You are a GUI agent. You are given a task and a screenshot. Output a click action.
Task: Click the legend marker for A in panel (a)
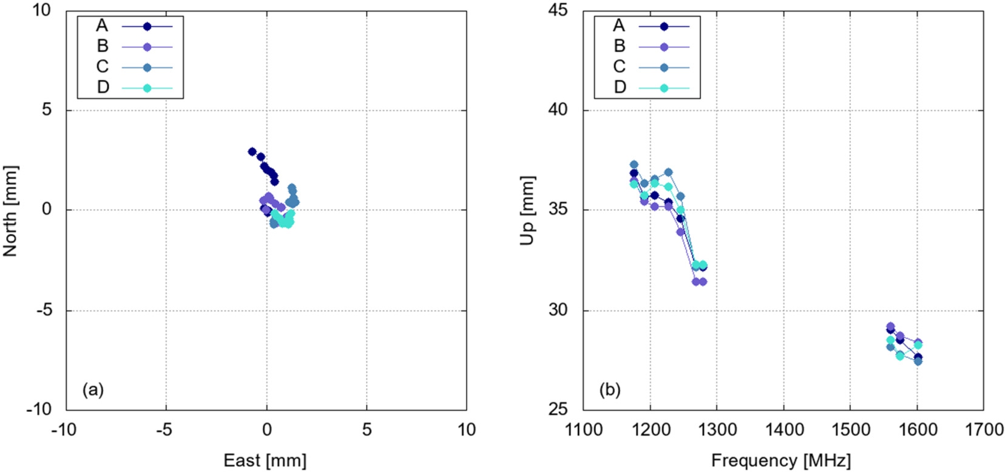tap(147, 26)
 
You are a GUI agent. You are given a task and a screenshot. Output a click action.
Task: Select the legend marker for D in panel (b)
tap(664, 88)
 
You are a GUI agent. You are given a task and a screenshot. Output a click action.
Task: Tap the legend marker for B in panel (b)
tap(664, 47)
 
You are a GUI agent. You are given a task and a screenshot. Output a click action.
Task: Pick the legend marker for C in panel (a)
tap(147, 67)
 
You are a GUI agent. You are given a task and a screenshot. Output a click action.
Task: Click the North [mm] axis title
tap(10, 210)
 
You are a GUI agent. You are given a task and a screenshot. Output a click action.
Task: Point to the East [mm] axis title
tap(265, 460)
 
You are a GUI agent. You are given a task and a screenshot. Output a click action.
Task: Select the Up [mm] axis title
tap(527, 210)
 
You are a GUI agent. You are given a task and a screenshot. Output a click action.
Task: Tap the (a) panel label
tap(93, 389)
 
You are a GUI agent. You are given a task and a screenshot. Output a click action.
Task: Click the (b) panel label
tap(609, 389)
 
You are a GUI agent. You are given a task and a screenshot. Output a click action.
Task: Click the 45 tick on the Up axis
tap(557, 10)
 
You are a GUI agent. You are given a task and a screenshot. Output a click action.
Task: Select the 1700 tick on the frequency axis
tap(983, 430)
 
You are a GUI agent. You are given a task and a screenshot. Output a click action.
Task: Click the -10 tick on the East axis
tap(63, 430)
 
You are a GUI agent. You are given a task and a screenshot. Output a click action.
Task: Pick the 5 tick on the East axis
tap(367, 430)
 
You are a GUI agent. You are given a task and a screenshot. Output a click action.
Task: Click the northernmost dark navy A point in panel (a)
tap(252, 151)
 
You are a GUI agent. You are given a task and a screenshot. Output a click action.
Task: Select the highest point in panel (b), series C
tap(634, 165)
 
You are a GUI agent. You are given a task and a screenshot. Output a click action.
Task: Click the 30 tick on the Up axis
tap(557, 310)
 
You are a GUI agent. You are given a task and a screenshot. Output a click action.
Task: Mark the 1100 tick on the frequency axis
tap(584, 430)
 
